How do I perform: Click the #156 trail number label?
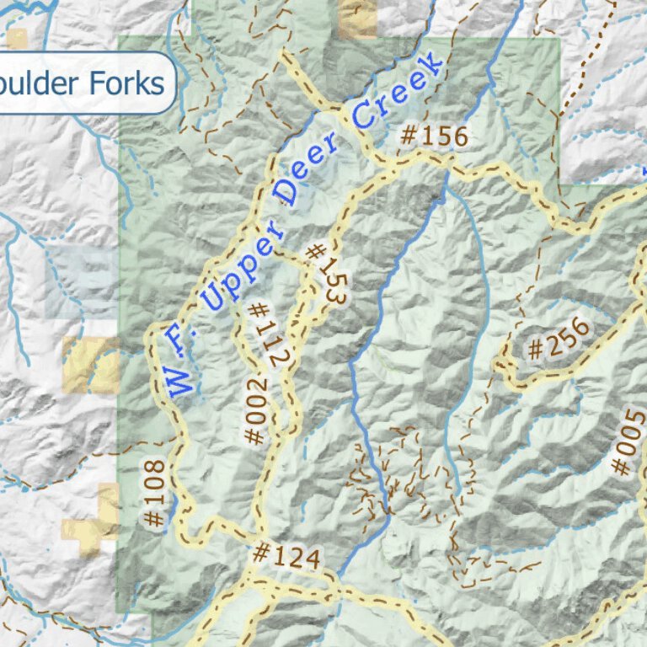pyautogui.click(x=432, y=136)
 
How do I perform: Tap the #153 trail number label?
pyautogui.click(x=326, y=275)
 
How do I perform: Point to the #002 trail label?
pyautogui.click(x=256, y=411)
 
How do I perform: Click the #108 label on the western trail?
pyautogui.click(x=152, y=494)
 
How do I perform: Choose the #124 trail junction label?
pyautogui.click(x=286, y=556)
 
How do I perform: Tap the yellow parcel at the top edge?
pyautogui.click(x=357, y=19)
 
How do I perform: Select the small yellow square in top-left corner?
pyautogui.click(x=17, y=38)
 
